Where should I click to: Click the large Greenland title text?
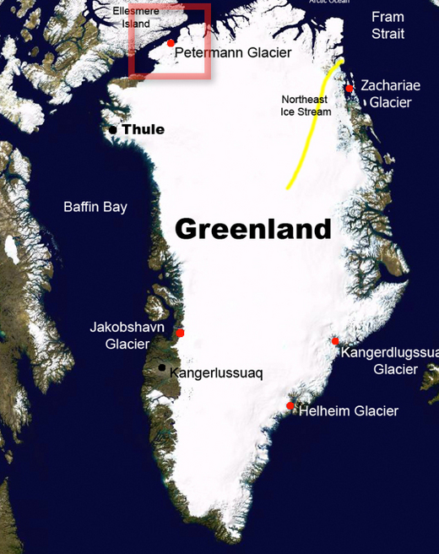(x=252, y=229)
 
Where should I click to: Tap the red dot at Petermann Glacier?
(x=171, y=43)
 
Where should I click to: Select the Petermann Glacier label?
(x=232, y=52)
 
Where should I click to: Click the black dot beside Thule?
(x=112, y=129)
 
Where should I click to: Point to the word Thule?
(x=143, y=129)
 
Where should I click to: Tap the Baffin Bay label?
(x=95, y=206)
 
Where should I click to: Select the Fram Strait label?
(x=388, y=25)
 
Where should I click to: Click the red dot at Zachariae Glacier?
(x=349, y=88)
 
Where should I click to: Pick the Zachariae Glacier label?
(x=390, y=94)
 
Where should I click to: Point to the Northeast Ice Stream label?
(x=306, y=106)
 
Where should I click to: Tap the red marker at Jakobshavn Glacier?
(x=180, y=333)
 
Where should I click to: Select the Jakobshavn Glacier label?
(x=127, y=335)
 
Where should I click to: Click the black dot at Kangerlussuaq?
(x=161, y=367)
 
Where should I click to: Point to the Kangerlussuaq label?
(x=216, y=372)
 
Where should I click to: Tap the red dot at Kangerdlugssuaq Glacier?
(x=335, y=341)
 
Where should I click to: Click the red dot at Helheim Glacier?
(x=290, y=406)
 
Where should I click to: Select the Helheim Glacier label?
(x=349, y=411)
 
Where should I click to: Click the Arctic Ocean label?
(x=329, y=3)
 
